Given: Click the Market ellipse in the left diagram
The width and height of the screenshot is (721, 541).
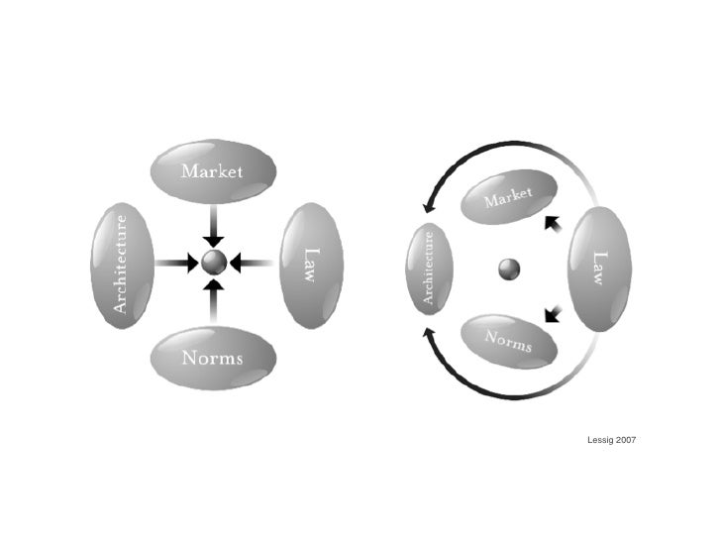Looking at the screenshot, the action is coord(212,171).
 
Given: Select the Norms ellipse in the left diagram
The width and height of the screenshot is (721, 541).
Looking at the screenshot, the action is coord(212,358).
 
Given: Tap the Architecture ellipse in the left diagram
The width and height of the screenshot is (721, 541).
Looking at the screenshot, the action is coord(122,264).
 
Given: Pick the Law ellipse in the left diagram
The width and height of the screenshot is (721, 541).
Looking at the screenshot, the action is coord(311,264).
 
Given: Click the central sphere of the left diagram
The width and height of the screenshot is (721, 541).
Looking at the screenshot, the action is coord(214,264).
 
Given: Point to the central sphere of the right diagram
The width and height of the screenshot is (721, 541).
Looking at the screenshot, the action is coord(510,268).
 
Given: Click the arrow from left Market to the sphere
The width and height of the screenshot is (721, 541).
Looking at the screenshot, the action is coord(214,227).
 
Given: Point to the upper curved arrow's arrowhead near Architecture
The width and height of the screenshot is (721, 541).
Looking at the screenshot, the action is coord(429,207).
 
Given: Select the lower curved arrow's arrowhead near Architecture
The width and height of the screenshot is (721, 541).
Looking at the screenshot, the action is coord(429,334).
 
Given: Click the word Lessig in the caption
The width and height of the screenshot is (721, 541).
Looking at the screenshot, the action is coord(600,438).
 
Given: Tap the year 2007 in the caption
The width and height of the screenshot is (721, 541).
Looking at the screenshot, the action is coord(626,438).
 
